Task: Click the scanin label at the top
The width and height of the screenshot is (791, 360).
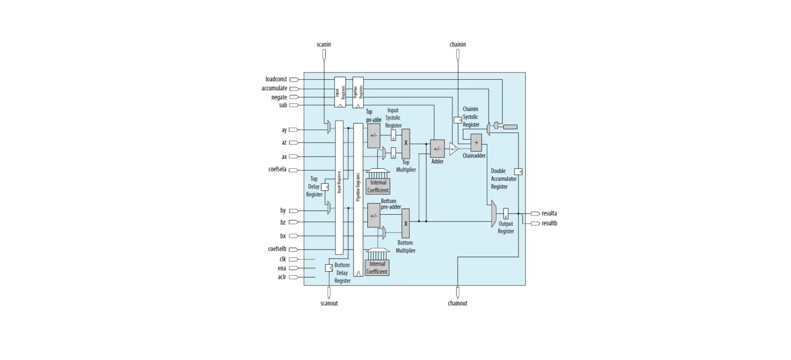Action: (324, 44)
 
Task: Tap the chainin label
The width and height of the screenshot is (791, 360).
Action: (458, 44)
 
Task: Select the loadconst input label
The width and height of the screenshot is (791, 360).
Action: (276, 79)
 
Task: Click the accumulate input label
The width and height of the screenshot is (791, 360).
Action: (274, 88)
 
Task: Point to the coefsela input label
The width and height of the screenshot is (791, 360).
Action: (277, 169)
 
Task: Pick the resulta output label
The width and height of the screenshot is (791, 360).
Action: (549, 213)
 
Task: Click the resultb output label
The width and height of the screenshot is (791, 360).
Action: (549, 223)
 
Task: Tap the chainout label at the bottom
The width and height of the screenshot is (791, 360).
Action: (457, 303)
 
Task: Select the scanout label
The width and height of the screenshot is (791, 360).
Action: (329, 303)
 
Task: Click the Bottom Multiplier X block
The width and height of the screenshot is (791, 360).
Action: (406, 223)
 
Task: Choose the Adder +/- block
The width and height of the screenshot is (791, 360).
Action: (437, 149)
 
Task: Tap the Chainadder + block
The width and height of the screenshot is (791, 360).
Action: (476, 143)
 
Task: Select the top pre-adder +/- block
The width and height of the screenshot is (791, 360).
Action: (373, 136)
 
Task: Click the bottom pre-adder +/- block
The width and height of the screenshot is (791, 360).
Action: (373, 216)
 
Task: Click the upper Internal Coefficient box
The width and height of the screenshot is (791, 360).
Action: (378, 187)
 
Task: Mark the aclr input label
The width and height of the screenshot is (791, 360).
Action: (281, 277)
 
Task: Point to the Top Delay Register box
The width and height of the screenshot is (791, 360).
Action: (324, 187)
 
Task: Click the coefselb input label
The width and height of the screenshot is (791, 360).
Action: (277, 249)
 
